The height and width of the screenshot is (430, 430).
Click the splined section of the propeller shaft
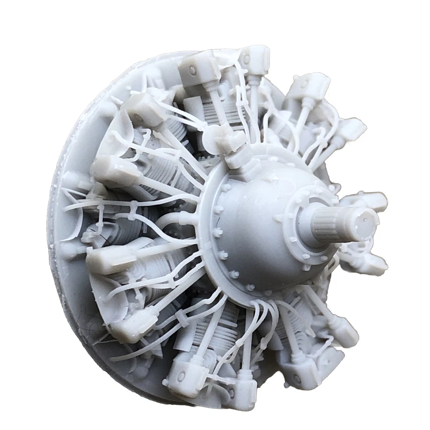(x=329, y=219)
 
